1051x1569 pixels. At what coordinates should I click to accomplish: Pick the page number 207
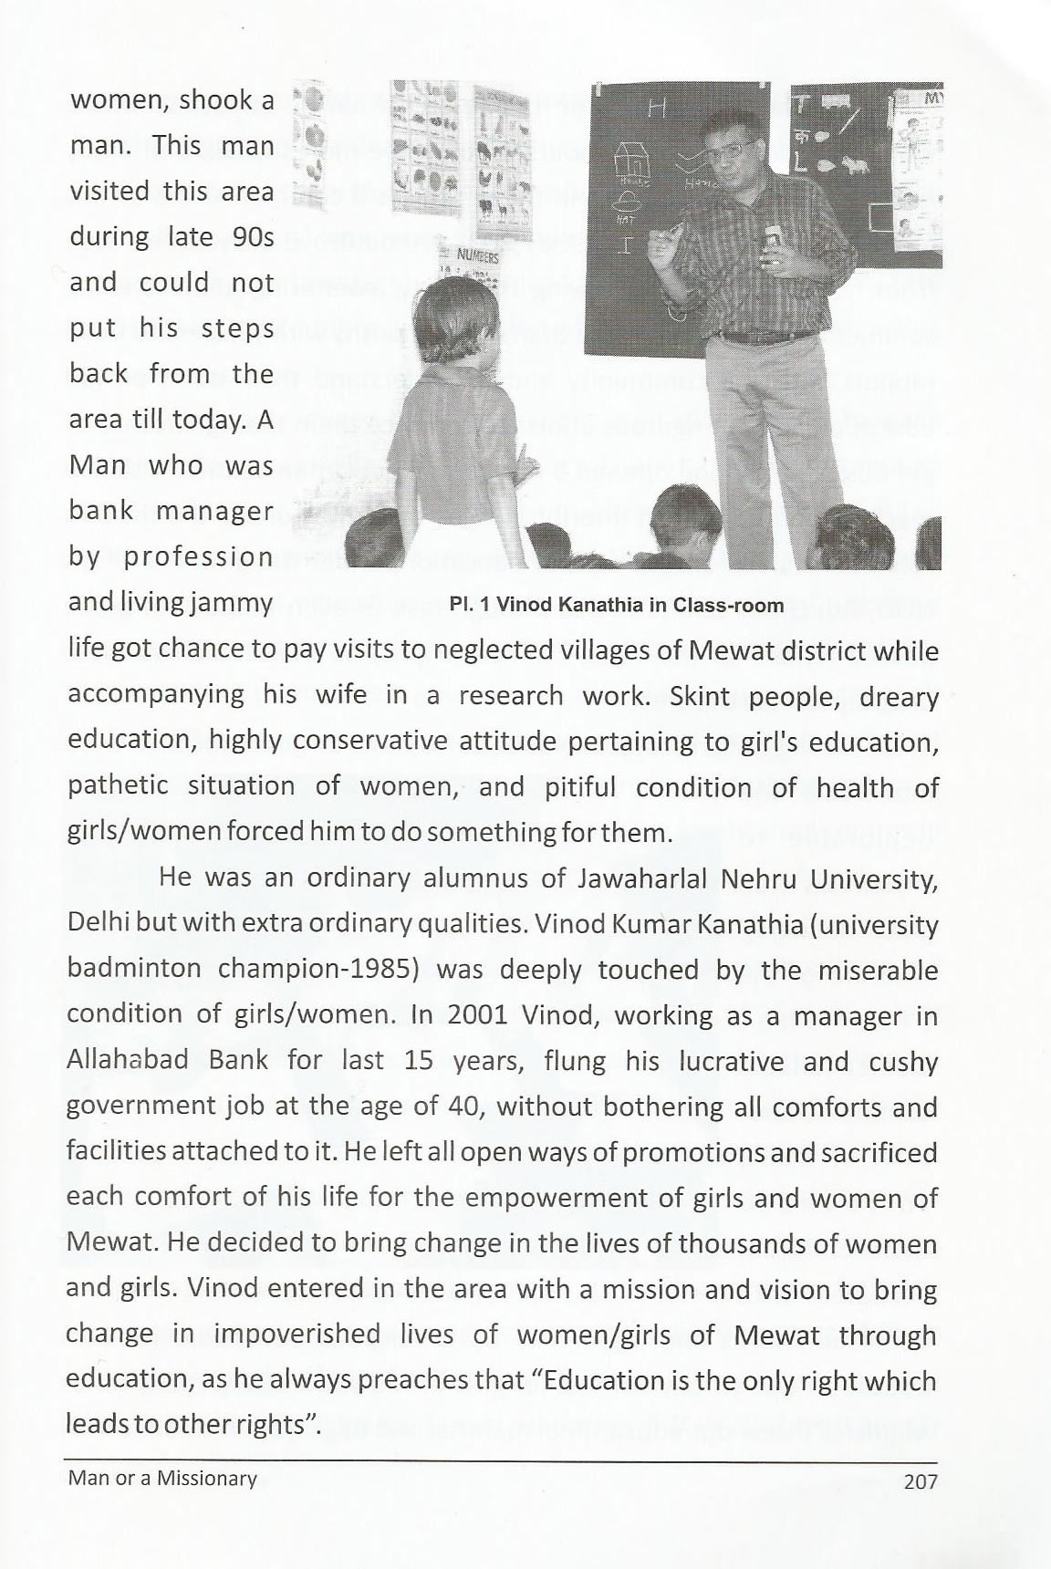coord(919,1482)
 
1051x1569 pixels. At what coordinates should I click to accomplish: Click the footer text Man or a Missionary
coord(162,1479)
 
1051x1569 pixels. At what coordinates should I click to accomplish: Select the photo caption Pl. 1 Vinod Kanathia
coord(617,605)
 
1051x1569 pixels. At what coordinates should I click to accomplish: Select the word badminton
coord(135,970)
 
